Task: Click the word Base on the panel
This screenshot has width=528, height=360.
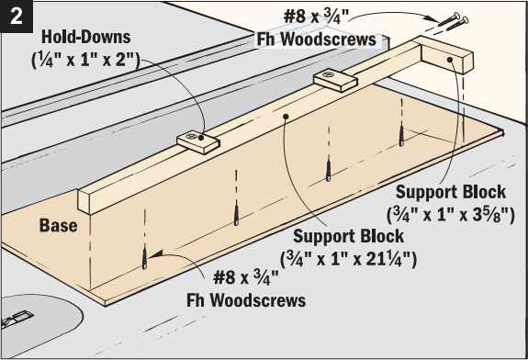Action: pos(57,225)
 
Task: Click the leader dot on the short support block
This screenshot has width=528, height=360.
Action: pos(452,60)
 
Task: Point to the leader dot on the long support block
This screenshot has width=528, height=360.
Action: pos(286,116)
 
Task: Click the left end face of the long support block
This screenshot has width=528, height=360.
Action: pos(84,202)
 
